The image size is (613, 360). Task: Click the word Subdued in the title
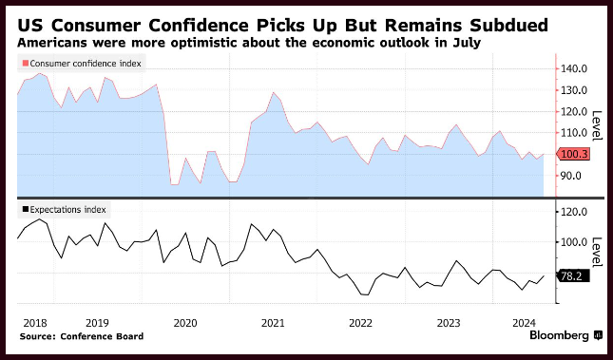[x=508, y=25]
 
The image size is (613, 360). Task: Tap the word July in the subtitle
[x=468, y=42]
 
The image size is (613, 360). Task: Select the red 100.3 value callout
[x=573, y=155]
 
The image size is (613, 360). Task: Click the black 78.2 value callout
[x=572, y=276]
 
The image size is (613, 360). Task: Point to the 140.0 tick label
[x=573, y=68]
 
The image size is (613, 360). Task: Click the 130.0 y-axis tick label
[x=573, y=90]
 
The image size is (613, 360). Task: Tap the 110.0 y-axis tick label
[x=573, y=133]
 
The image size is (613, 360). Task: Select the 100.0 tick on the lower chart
[x=573, y=242]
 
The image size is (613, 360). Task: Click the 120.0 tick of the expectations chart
[x=573, y=212]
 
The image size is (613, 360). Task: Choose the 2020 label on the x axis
[x=185, y=323]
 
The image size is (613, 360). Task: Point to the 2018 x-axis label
[x=35, y=323]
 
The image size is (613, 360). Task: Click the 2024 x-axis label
[x=524, y=323]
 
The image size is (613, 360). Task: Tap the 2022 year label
[x=361, y=323]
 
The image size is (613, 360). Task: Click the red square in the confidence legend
[x=26, y=64]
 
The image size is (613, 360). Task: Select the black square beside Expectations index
[x=26, y=210]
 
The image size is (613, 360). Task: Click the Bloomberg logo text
[x=560, y=335]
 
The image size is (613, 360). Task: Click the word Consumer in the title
[x=96, y=25]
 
